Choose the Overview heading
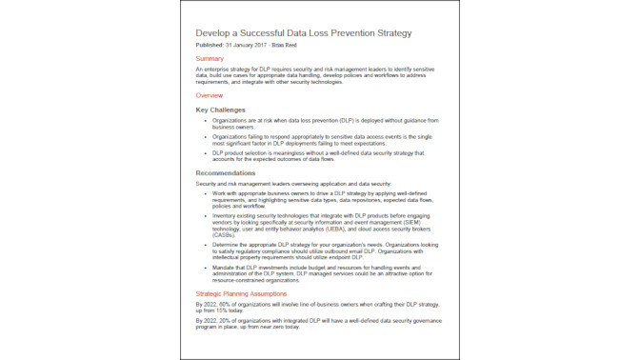211,96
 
